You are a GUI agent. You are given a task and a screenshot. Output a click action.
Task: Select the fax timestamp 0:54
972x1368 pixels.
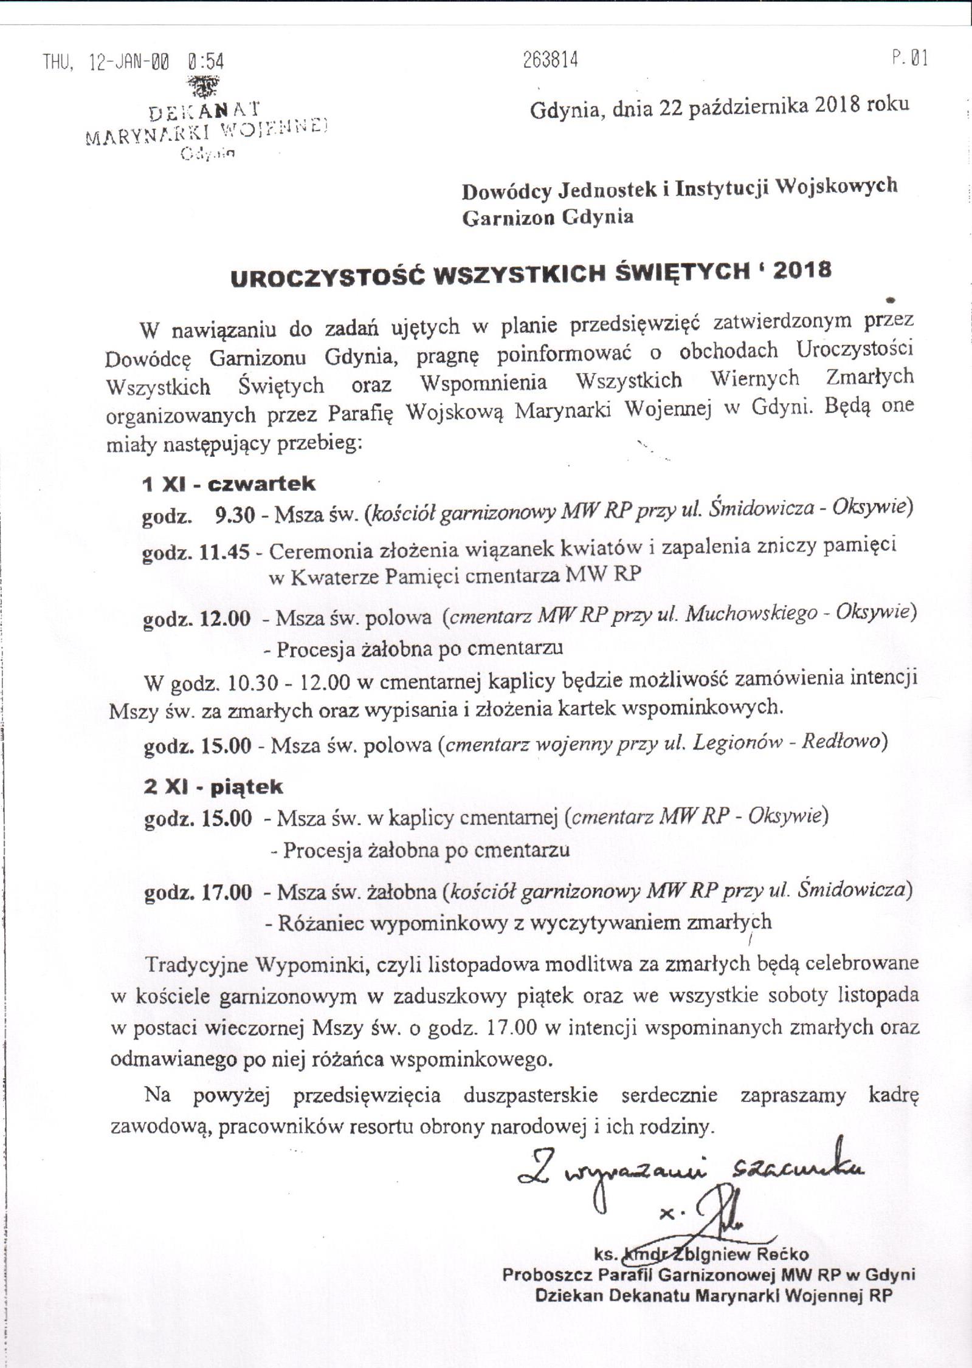(206, 61)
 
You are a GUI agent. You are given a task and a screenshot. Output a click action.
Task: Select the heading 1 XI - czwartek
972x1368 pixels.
(229, 484)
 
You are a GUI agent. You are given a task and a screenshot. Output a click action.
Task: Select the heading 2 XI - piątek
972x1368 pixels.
(213, 787)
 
